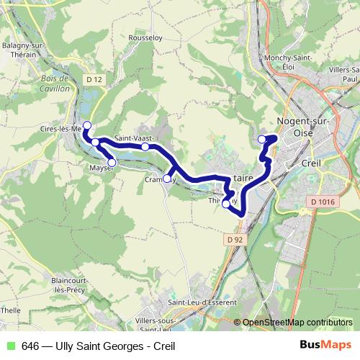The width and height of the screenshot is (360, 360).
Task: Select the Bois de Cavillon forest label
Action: [55, 83]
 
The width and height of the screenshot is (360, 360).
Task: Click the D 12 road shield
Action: [91, 78]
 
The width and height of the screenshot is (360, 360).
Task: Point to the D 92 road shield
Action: [232, 239]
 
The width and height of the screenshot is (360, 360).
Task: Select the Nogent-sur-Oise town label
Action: [302, 127]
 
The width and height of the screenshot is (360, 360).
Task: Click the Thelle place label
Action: [10, 310]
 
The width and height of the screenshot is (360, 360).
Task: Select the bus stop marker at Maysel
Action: [112, 163]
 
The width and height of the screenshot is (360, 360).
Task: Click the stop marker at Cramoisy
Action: [167, 179]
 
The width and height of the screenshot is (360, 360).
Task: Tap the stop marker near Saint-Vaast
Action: [145, 147]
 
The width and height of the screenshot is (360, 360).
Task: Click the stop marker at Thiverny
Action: [226, 204]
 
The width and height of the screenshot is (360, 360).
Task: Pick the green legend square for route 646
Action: [10, 346]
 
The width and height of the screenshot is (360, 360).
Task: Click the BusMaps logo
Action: [325, 346]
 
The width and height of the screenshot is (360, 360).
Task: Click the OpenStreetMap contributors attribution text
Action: [298, 323]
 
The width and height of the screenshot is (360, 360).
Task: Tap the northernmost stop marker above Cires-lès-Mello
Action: [87, 126]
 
